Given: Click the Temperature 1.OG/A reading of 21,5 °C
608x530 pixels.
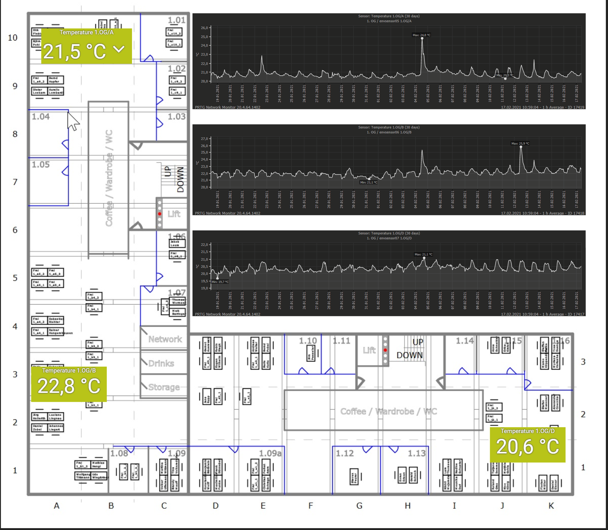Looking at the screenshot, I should click(75, 51).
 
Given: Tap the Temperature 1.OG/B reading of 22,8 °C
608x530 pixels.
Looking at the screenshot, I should click(69, 386).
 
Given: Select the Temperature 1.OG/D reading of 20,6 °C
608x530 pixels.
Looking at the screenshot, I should click(527, 447).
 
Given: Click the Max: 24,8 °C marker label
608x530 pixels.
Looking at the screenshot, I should click(421, 35).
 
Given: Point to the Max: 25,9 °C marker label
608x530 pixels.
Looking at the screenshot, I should click(520, 143).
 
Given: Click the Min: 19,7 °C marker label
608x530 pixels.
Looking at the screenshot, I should click(220, 282).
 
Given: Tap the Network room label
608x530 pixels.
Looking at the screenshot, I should click(165, 339).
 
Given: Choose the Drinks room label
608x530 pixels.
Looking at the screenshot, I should click(161, 363).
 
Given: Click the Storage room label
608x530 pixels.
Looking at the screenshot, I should click(164, 387).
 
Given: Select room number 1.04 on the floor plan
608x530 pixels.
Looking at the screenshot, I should click(41, 117).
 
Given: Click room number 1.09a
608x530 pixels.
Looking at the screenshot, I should click(270, 453).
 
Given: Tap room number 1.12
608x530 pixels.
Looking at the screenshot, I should click(345, 453).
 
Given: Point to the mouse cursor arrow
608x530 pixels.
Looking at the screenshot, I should click(73, 121).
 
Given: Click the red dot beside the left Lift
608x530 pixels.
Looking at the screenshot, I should click(159, 214).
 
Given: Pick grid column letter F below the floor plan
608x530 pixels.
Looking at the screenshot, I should click(311, 506).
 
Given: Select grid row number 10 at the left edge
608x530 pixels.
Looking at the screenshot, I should click(13, 38).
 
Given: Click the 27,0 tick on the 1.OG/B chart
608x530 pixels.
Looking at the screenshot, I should click(205, 139).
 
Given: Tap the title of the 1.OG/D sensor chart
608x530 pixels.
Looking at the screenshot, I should click(389, 233).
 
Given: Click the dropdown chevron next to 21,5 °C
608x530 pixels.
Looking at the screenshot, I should click(119, 49).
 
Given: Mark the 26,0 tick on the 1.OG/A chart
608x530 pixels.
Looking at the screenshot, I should click(205, 28).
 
